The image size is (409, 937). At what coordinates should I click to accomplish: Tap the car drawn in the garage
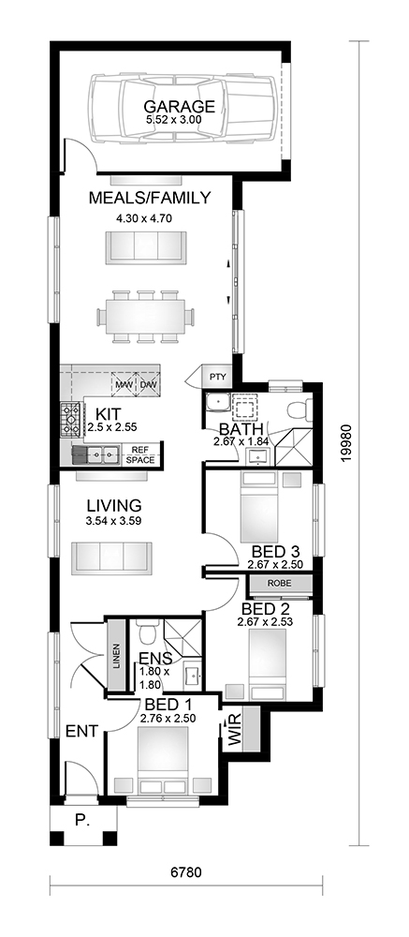183,108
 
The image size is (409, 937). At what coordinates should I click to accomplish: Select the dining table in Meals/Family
146,316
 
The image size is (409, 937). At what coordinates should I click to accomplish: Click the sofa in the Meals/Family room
146,247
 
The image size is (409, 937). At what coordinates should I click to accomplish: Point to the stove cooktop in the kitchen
71,420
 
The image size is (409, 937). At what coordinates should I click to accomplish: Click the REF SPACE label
141,455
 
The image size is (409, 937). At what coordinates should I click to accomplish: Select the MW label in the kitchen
124,384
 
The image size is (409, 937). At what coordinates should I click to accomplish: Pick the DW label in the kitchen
148,384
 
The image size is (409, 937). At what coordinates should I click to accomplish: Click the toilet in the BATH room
299,410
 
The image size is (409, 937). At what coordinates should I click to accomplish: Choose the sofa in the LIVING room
111,558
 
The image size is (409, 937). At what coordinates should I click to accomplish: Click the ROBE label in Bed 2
280,583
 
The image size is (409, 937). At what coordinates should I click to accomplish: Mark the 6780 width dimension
186,872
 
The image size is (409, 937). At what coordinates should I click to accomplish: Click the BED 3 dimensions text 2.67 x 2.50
275,563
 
